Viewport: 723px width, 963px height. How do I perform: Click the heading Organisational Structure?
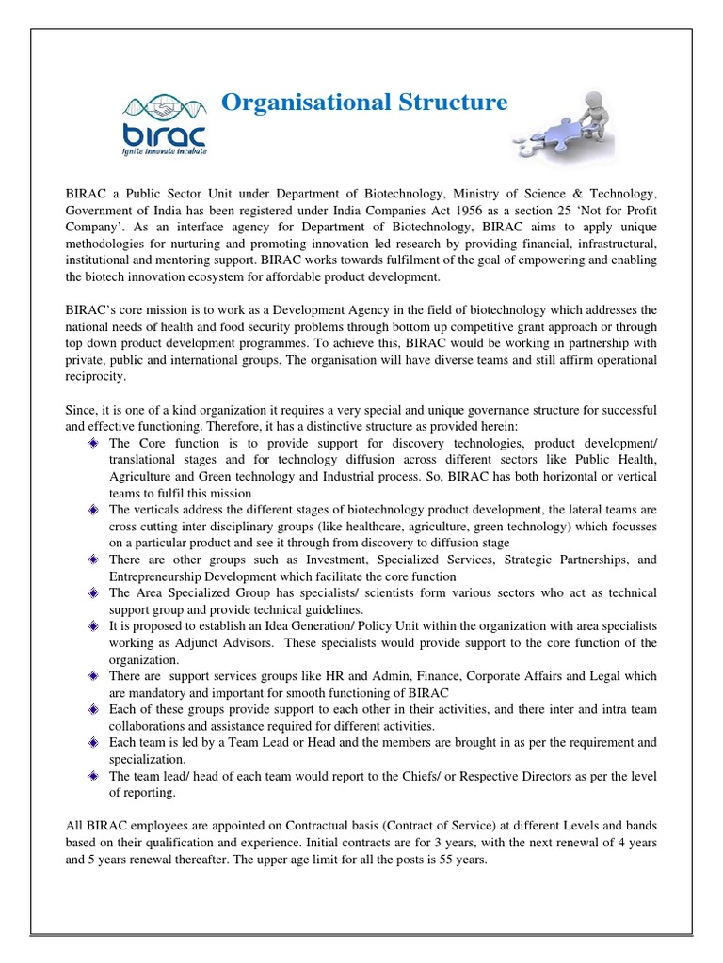point(363,102)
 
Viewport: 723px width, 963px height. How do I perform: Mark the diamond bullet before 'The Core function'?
point(93,442)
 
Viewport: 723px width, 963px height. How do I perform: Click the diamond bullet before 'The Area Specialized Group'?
point(93,593)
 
